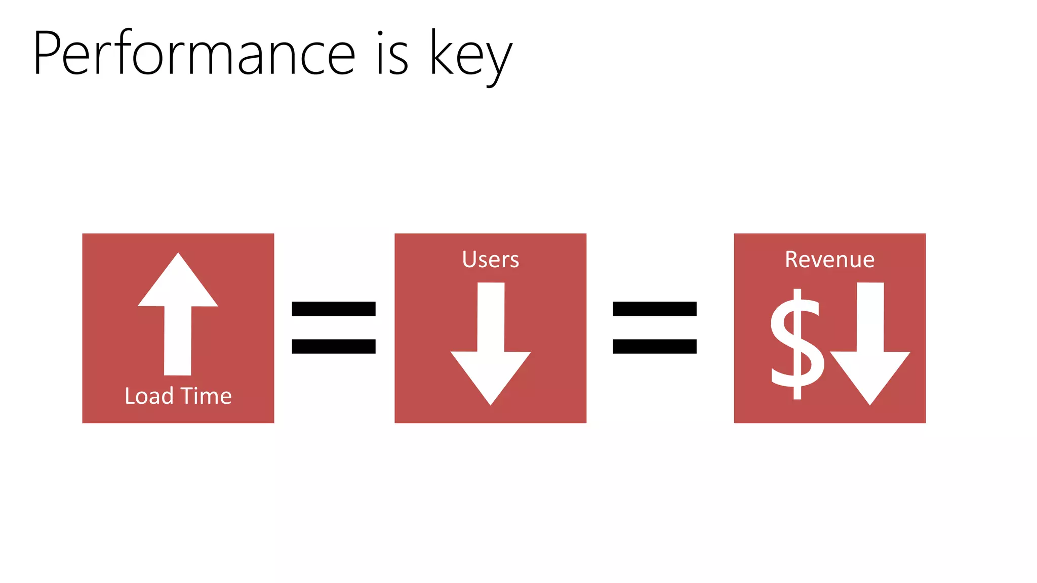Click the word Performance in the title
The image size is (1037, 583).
click(194, 53)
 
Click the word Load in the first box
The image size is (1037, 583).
click(149, 396)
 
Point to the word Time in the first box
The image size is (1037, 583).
click(206, 396)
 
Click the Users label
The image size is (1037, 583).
click(490, 259)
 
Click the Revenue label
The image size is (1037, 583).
click(829, 259)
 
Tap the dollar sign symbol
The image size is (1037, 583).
click(796, 344)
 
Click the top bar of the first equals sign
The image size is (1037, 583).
click(334, 309)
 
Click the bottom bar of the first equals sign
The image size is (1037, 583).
click(334, 346)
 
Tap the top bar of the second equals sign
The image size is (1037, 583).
click(655, 309)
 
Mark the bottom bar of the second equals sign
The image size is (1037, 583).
click(655, 346)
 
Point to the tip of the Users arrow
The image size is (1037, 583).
click(491, 402)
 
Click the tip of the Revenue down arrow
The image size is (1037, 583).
click(870, 402)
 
